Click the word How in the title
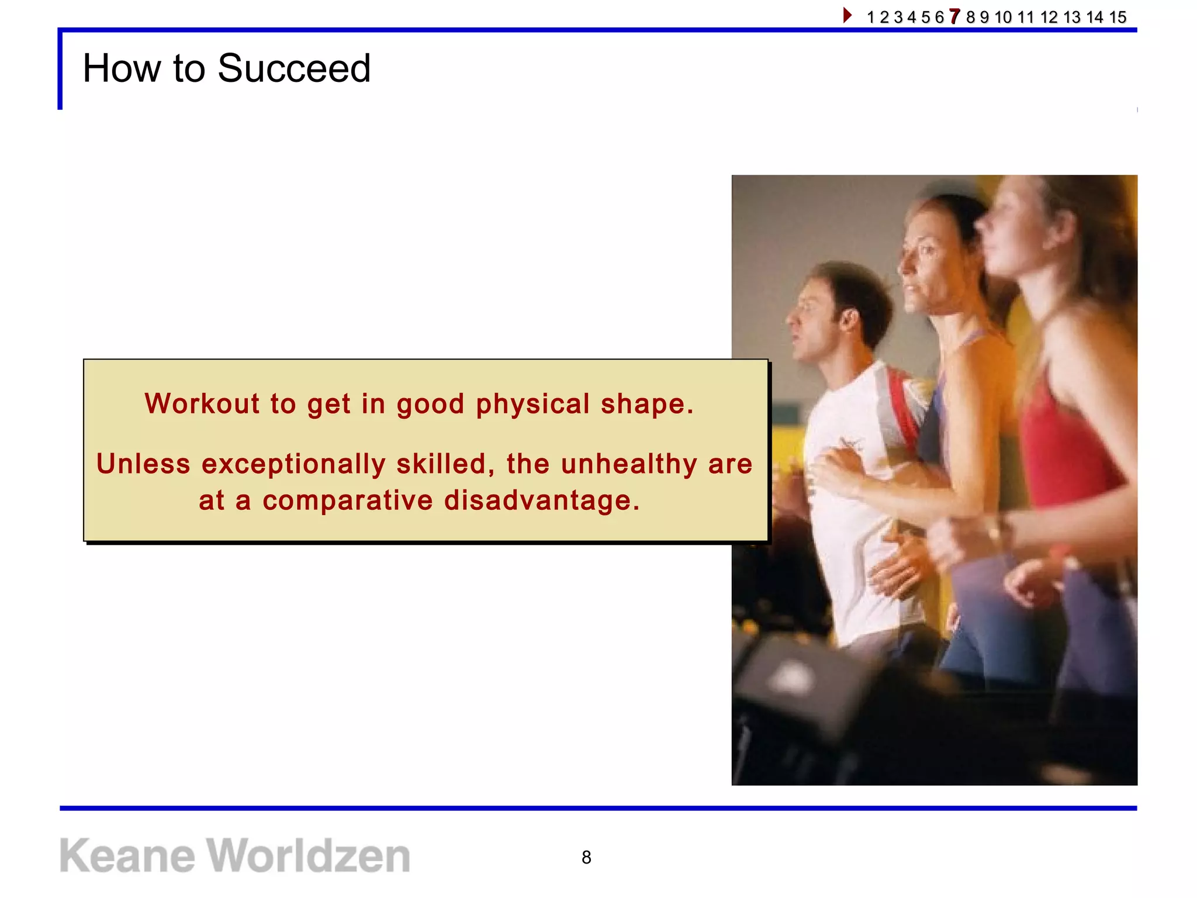coord(121,68)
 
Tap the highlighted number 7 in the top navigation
coord(954,16)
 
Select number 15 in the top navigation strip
coord(1118,17)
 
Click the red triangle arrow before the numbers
coord(847,15)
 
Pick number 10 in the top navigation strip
coord(1003,17)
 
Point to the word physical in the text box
coord(532,405)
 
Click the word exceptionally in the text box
coord(293,464)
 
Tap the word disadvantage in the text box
coord(542,500)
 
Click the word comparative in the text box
coord(347,501)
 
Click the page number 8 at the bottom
coord(586,857)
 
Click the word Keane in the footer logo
coord(127,856)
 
